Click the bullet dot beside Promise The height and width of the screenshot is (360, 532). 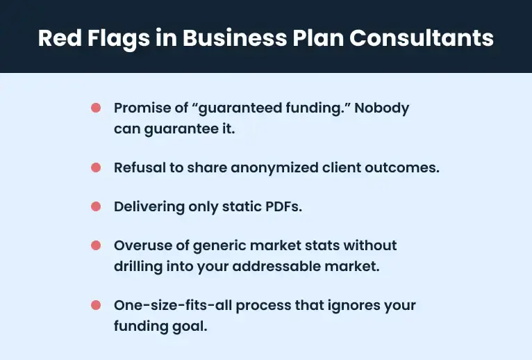(x=96, y=108)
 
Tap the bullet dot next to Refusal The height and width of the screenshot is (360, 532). (x=96, y=167)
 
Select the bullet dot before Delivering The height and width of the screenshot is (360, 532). (x=96, y=207)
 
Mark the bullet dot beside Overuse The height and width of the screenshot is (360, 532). (x=96, y=246)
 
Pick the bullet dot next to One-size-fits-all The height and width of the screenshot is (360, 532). (x=96, y=306)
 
